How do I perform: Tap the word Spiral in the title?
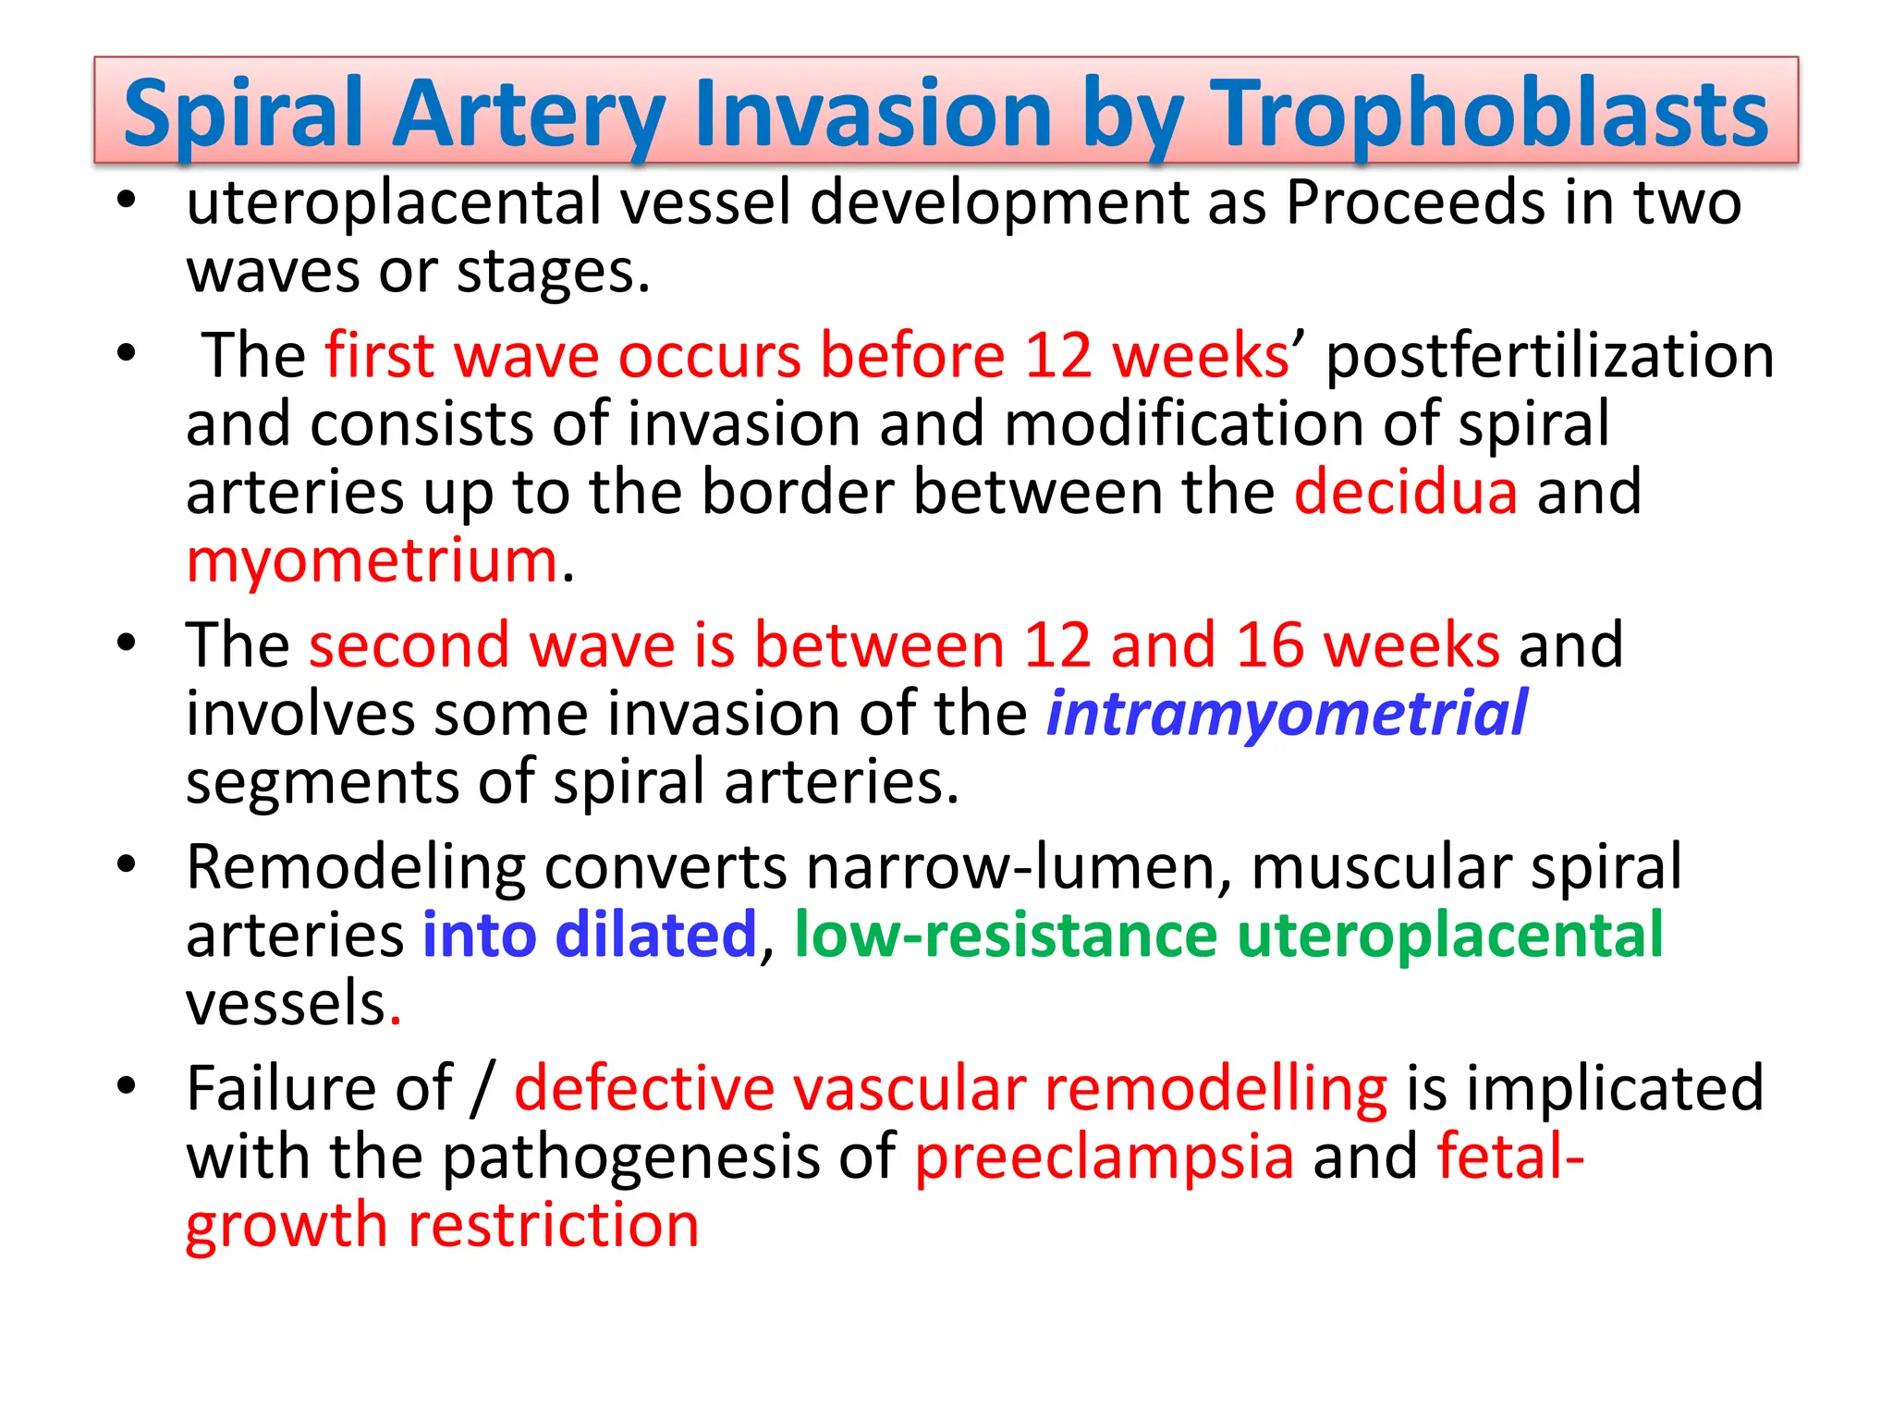[243, 114]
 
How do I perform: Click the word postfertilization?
[1549, 356]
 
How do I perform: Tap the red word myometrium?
[372, 562]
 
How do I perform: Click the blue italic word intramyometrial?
[1286, 714]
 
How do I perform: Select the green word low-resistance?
[1005, 935]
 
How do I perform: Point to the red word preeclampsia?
[1104, 1157]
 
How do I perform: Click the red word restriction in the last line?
[553, 1226]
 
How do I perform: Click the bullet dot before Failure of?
[127, 1084]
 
